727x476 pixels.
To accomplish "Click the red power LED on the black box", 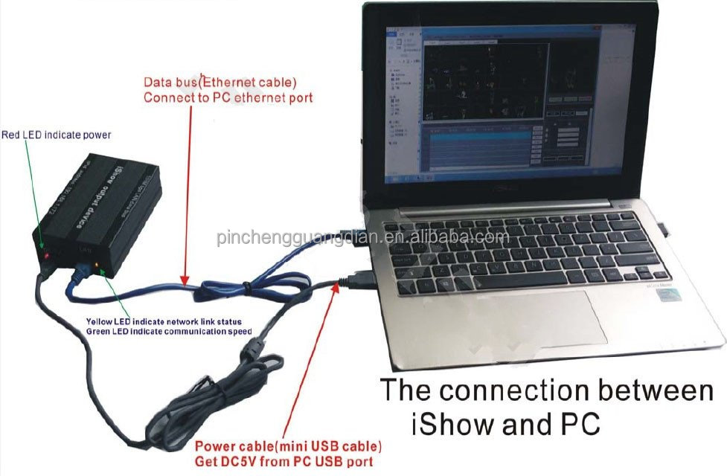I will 46,254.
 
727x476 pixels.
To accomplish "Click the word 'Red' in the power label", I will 12,135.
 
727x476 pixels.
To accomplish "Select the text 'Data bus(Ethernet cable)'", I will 220,83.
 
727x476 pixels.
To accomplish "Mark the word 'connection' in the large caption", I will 522,390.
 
